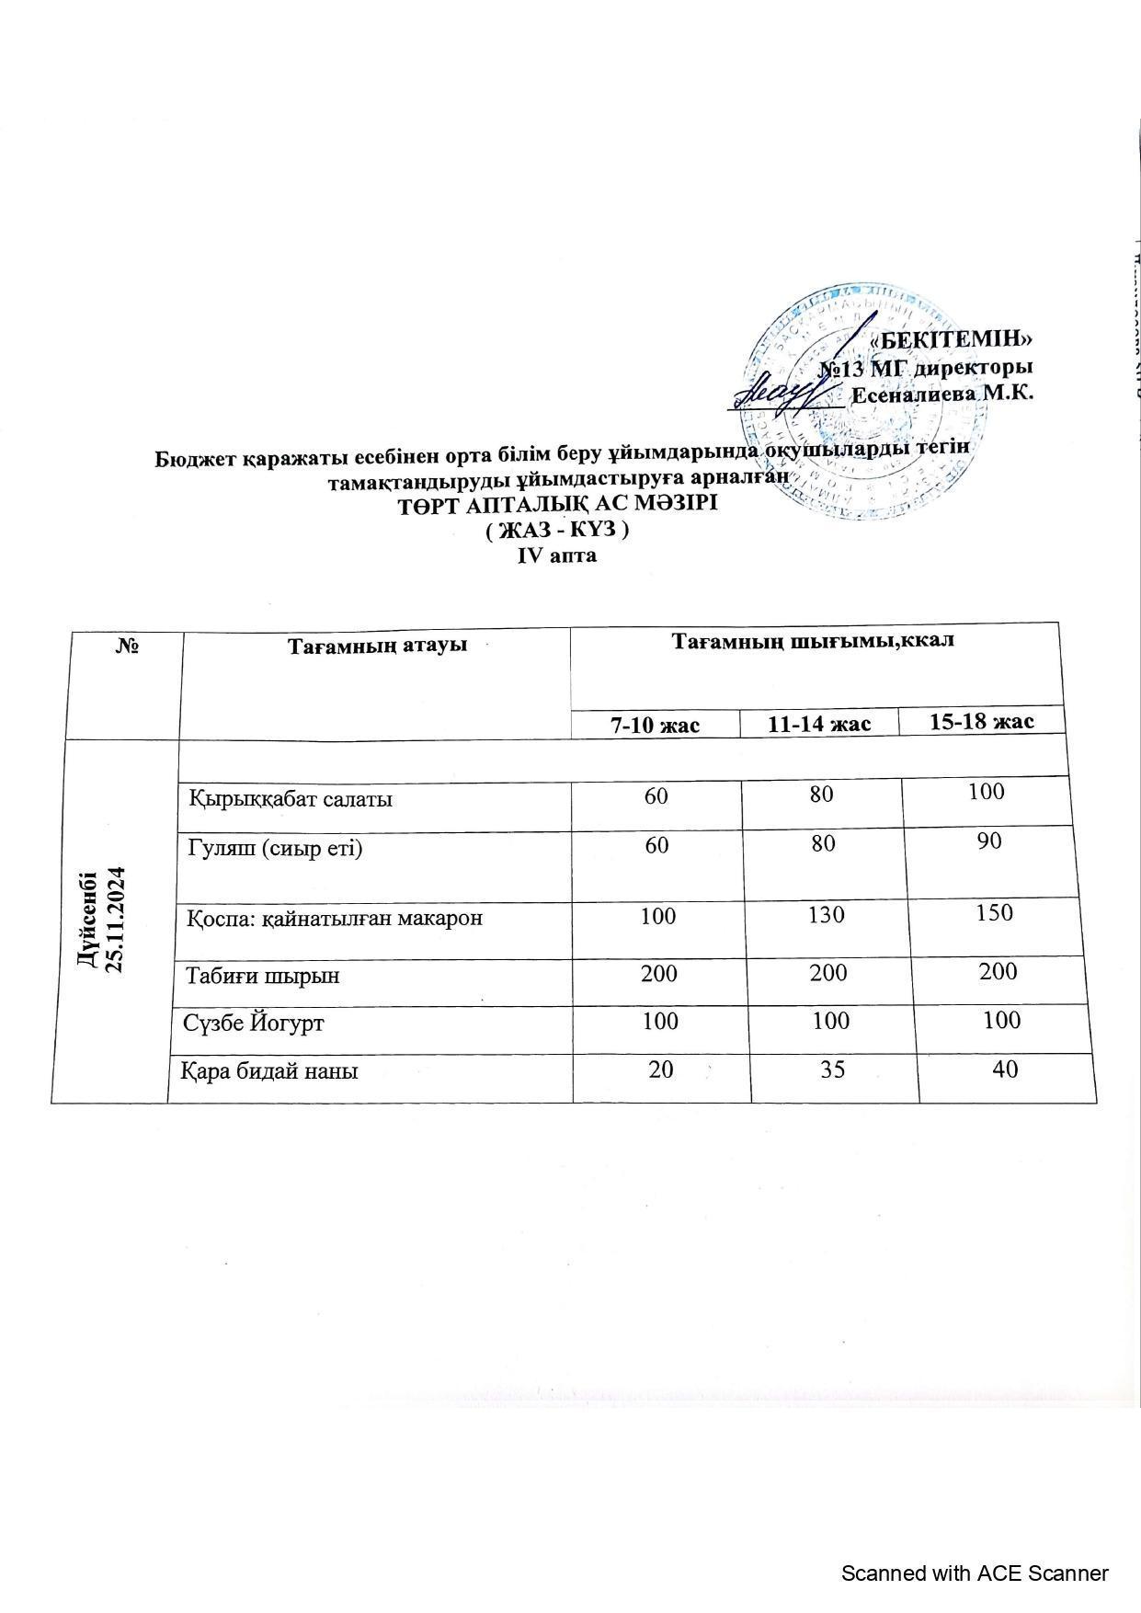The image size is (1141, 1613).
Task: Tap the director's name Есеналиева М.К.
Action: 942,395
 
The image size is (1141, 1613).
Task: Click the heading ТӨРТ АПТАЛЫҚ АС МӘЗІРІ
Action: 556,505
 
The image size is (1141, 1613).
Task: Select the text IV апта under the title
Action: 557,555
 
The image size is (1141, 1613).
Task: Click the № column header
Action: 127,646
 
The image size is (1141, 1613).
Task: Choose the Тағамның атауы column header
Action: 377,645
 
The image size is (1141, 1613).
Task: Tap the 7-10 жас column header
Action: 655,725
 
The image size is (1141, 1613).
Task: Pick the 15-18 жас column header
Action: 981,721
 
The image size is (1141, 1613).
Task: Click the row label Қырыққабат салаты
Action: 291,798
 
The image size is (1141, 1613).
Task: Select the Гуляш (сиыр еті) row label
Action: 275,848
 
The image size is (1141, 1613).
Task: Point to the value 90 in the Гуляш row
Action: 988,841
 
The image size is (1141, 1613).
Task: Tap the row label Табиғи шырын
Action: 263,975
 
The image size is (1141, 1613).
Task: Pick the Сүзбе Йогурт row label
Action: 254,1023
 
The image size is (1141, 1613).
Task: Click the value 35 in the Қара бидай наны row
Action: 833,1070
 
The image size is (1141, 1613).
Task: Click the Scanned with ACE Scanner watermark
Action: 975,1573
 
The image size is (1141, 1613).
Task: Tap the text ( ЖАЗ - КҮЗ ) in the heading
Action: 556,531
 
